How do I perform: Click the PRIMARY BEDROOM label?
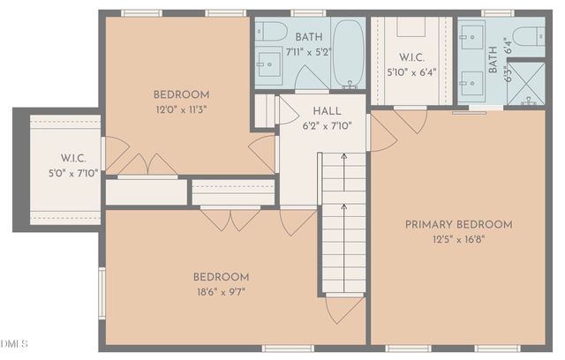pos(458,224)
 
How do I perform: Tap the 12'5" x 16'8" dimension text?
pos(458,239)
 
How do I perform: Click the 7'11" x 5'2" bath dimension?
pos(309,52)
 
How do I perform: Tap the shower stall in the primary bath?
pos(529,83)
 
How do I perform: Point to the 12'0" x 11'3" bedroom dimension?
pos(181,109)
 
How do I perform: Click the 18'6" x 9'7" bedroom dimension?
pos(220,291)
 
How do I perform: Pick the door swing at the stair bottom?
pos(343,309)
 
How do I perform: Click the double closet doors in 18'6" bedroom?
pos(230,218)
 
